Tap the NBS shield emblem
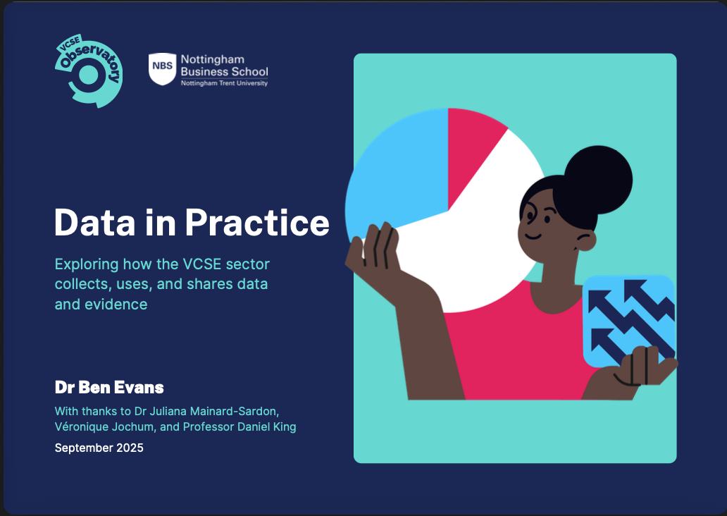tap(162, 68)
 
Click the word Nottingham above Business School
tap(212, 60)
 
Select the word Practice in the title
tap(257, 223)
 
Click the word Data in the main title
tap(95, 223)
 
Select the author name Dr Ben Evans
tap(109, 388)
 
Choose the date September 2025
tap(99, 448)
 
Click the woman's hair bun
tap(598, 180)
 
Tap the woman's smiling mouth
tap(533, 236)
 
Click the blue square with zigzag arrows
tap(628, 320)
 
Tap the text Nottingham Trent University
tap(225, 83)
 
